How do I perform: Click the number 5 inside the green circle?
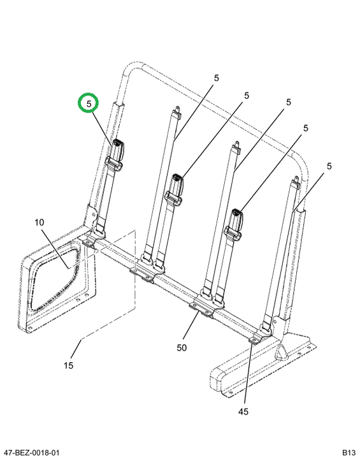[89, 104]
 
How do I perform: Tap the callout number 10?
[40, 222]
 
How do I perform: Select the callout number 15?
[68, 366]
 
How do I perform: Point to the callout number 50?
[182, 348]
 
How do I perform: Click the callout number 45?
[243, 412]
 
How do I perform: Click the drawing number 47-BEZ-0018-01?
[30, 453]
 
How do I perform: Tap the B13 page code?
[349, 453]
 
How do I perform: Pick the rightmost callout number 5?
[329, 166]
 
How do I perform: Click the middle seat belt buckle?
[177, 182]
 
